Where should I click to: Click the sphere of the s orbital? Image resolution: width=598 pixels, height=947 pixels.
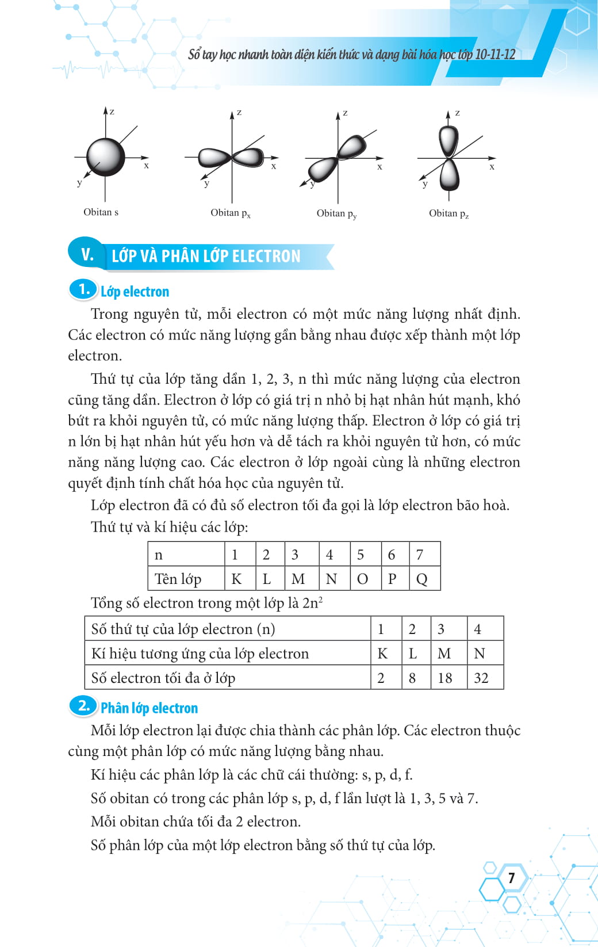point(106,156)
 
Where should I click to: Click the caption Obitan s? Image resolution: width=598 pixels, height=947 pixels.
point(101,212)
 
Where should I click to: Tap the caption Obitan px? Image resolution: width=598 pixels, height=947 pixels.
point(230,213)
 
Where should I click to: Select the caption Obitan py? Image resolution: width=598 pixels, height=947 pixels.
point(336,213)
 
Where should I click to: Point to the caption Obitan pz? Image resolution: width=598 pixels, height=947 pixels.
point(448,213)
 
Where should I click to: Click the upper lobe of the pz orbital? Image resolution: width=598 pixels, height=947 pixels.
point(448,140)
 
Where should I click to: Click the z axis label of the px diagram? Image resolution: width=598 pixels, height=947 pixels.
point(239,112)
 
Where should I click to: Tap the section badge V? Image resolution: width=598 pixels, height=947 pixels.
point(87,254)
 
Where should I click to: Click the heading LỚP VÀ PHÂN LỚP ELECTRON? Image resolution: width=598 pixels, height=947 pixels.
point(206,256)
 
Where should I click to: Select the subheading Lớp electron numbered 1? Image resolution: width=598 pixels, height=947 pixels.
point(135,292)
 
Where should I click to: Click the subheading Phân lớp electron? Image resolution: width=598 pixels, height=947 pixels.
point(149,708)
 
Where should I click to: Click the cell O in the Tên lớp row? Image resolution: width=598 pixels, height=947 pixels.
point(362,579)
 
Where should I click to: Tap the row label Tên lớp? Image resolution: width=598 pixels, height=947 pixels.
point(178,579)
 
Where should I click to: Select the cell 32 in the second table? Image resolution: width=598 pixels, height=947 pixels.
point(481,678)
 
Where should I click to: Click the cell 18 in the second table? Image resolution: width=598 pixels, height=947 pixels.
point(444,678)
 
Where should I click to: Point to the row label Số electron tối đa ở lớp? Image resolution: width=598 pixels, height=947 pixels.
point(163,678)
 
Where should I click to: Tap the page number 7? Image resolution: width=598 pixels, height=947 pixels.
point(511,877)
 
